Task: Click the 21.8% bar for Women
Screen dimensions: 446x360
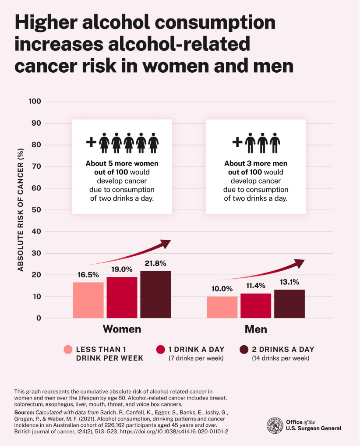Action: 155,294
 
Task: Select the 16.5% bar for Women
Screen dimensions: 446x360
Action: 88,300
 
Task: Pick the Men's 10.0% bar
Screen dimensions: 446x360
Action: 222,307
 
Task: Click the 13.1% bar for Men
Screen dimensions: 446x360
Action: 289,304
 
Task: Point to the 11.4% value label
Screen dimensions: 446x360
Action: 256,286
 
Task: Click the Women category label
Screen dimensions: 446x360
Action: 122,329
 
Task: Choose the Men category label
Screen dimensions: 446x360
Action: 255,329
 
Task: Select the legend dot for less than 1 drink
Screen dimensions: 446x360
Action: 67,350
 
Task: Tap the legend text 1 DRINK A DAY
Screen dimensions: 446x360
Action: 196,349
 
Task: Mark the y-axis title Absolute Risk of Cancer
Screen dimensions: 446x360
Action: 20,210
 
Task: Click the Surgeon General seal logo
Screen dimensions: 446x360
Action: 274,425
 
